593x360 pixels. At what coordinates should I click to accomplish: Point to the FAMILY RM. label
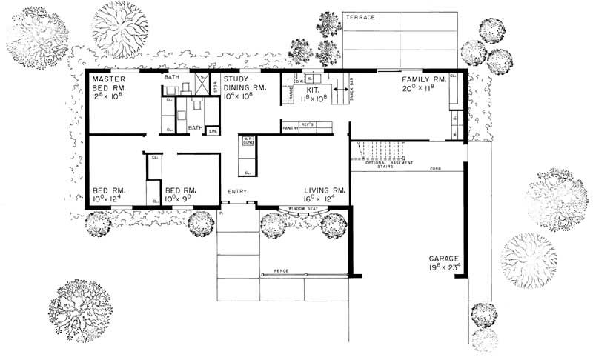423,79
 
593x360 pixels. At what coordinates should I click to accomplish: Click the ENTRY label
237,191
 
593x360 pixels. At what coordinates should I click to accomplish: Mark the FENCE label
281,272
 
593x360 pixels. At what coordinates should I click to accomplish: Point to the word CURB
434,170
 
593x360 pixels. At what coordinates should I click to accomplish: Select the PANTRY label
290,128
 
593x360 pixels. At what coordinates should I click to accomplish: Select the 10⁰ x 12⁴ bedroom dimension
109,199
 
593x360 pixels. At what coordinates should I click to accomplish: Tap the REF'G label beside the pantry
308,125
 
